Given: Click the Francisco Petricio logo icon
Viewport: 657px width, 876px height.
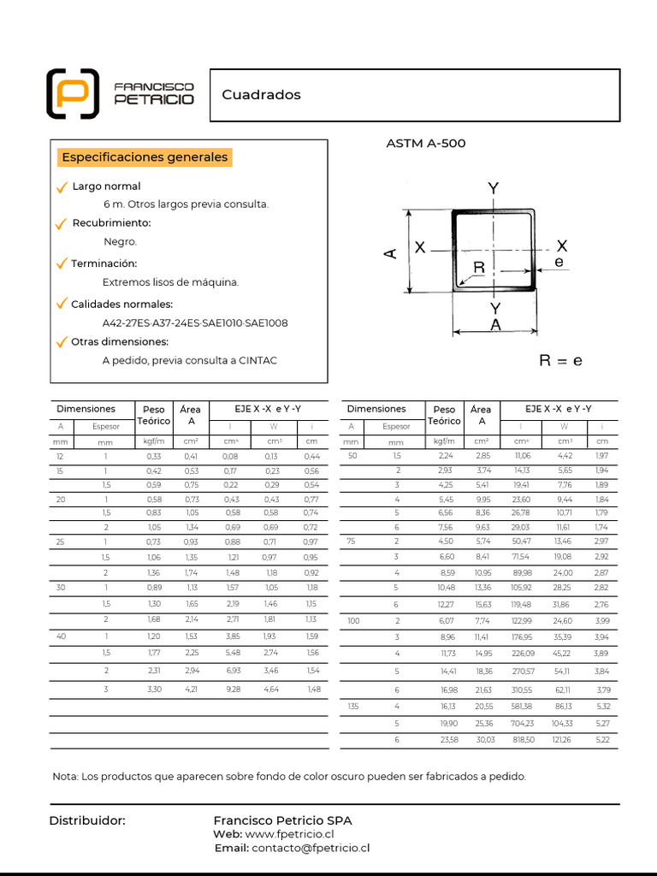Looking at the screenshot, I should click(x=72, y=93).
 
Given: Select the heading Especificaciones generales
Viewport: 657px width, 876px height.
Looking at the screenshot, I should click(x=145, y=157).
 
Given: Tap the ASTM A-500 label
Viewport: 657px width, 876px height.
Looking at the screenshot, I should click(x=426, y=144).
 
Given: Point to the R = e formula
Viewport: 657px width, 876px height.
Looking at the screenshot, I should click(x=560, y=361).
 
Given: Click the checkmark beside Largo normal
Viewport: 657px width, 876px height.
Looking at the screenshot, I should click(x=61, y=187).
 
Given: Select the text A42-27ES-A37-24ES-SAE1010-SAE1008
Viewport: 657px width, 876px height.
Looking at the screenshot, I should click(x=195, y=323).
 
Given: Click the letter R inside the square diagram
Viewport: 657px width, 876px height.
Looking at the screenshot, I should click(x=479, y=268).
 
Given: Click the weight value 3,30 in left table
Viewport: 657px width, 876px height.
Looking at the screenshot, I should click(x=154, y=689).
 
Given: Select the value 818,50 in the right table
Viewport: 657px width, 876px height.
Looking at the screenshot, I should click(x=521, y=739).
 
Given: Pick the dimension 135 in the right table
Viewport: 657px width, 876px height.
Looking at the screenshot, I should click(x=352, y=706).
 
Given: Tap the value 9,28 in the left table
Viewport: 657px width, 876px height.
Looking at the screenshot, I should click(x=231, y=689).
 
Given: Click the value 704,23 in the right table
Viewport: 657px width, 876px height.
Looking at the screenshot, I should click(x=521, y=723).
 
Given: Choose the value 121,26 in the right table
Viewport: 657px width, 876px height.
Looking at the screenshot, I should click(x=563, y=739).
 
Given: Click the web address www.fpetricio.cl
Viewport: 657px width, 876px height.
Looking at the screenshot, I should click(x=289, y=834).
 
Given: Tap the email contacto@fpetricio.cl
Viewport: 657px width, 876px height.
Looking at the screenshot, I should click(x=311, y=849).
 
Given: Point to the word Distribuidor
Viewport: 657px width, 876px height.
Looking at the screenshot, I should click(x=87, y=820).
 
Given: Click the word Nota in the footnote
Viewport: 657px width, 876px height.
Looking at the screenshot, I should click(x=65, y=777).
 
